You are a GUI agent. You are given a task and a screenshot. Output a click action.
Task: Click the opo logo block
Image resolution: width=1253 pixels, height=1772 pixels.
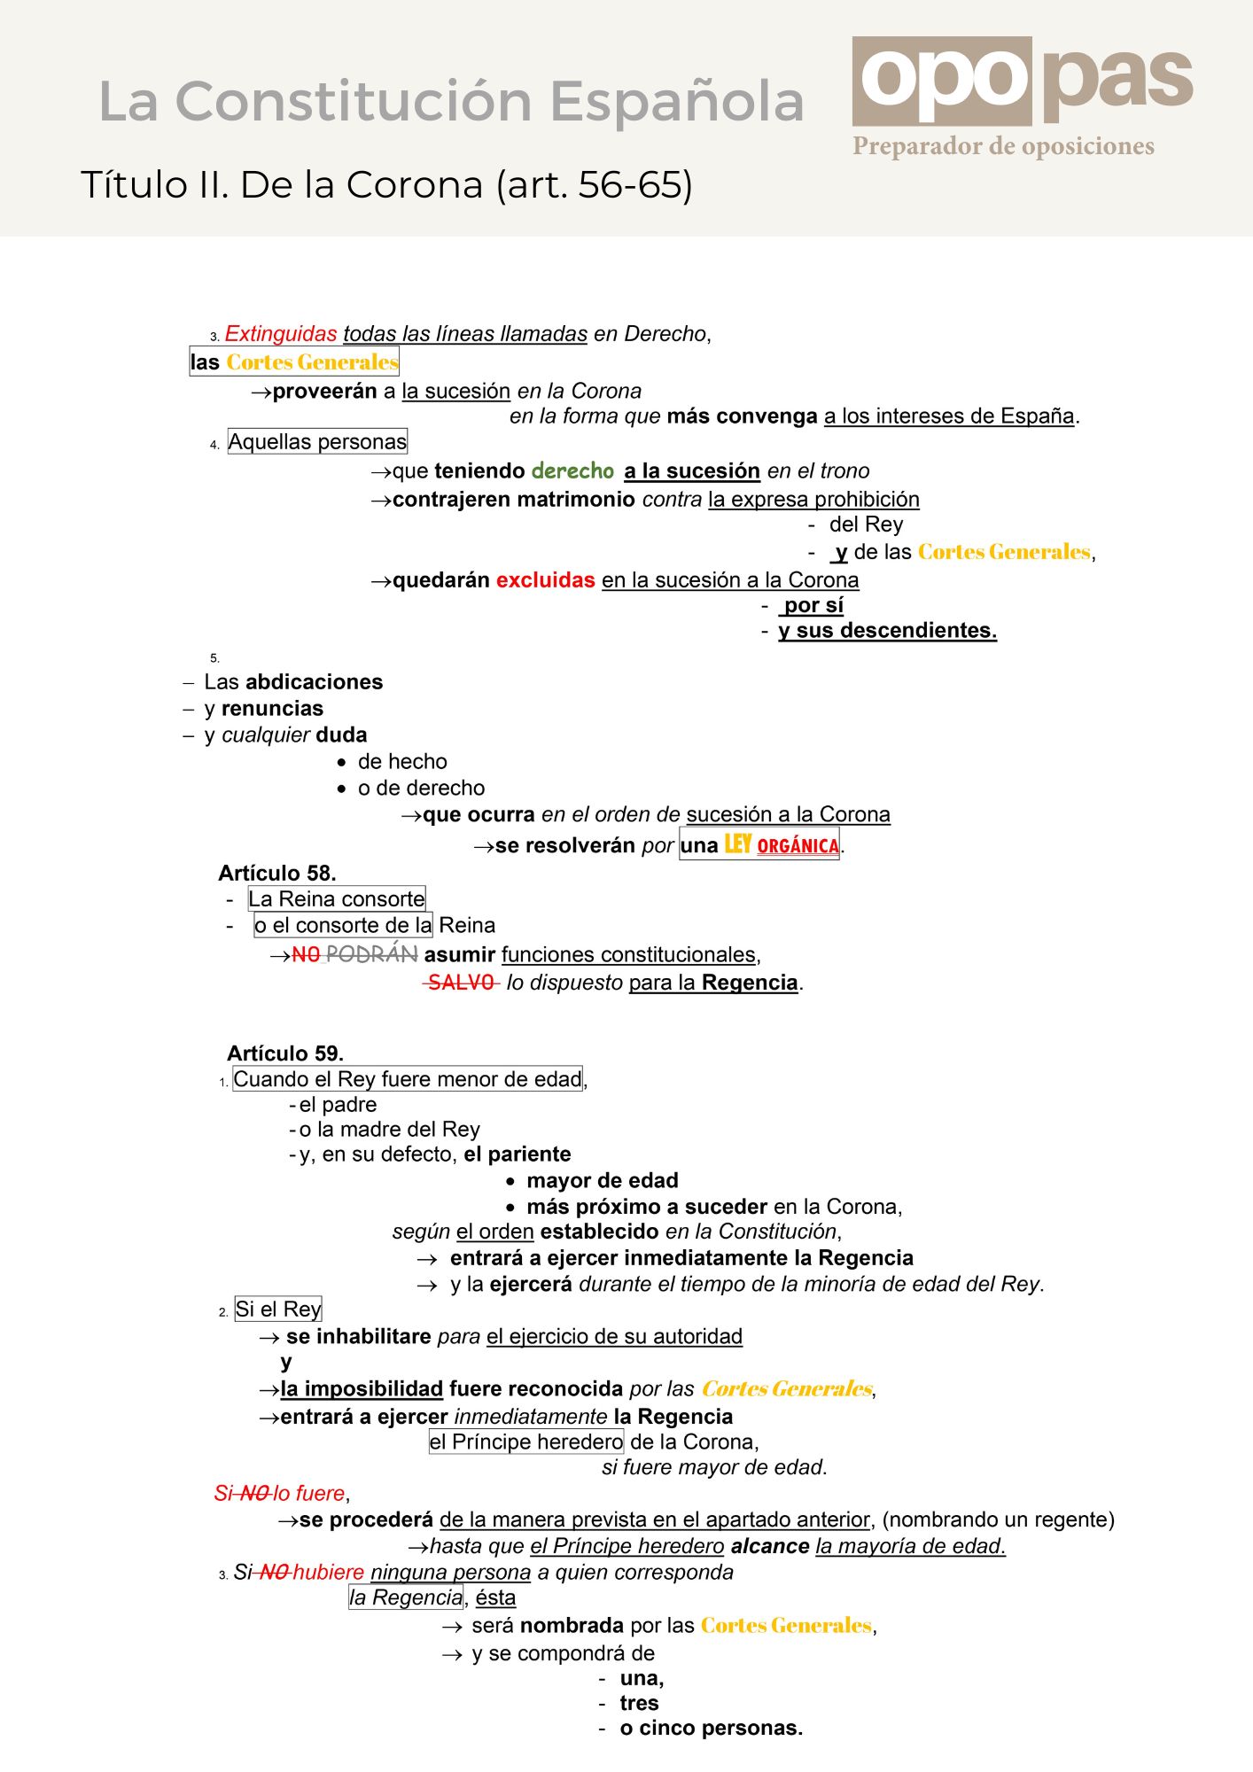pyautogui.click(x=941, y=81)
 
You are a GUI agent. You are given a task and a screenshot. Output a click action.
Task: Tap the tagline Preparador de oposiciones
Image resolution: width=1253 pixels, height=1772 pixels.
pyautogui.click(x=1003, y=146)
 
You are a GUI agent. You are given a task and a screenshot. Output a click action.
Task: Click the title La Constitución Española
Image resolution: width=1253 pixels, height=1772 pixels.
pyautogui.click(x=451, y=101)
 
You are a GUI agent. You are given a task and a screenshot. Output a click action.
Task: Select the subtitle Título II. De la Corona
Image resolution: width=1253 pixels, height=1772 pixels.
pyautogui.click(x=386, y=185)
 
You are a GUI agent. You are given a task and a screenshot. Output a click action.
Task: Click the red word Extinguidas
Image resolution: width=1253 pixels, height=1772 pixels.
pyautogui.click(x=281, y=334)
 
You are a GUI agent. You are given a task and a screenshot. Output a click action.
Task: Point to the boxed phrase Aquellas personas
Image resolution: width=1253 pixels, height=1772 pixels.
pyautogui.click(x=317, y=441)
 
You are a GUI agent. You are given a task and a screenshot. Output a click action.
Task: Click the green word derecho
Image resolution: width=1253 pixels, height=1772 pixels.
pyautogui.click(x=573, y=470)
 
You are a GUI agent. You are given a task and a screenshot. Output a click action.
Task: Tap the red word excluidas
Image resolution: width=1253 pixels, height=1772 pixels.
pyautogui.click(x=545, y=580)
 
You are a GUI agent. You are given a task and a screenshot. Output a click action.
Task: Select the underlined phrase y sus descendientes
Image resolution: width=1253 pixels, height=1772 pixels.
pyautogui.click(x=887, y=631)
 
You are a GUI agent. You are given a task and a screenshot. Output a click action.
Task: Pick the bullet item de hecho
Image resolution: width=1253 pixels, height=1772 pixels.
pyautogui.click(x=402, y=762)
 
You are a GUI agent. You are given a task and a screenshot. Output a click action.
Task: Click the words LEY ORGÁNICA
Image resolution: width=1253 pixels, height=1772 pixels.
pyautogui.click(x=782, y=845)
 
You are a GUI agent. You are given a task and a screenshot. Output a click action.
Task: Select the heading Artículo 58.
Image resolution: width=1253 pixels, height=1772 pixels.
pyautogui.click(x=277, y=874)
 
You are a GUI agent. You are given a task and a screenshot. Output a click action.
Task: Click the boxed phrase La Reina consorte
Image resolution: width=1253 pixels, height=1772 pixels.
pyautogui.click(x=337, y=899)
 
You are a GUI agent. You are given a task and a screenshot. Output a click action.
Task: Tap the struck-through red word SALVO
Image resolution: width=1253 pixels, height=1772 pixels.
pyautogui.click(x=461, y=983)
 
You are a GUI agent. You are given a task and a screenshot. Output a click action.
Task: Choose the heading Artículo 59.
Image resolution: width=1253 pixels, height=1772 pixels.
pyautogui.click(x=285, y=1053)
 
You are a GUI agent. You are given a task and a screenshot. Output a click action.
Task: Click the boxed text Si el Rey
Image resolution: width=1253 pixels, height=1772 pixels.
pyautogui.click(x=278, y=1310)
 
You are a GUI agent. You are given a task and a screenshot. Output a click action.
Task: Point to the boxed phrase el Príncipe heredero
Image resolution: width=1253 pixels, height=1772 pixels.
pyautogui.click(x=526, y=1442)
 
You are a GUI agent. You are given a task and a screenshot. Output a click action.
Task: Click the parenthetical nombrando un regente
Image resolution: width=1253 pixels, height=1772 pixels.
pyautogui.click(x=999, y=1520)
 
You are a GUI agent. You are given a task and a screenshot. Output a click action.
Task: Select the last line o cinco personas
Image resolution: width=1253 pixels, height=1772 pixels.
pyautogui.click(x=711, y=1729)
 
